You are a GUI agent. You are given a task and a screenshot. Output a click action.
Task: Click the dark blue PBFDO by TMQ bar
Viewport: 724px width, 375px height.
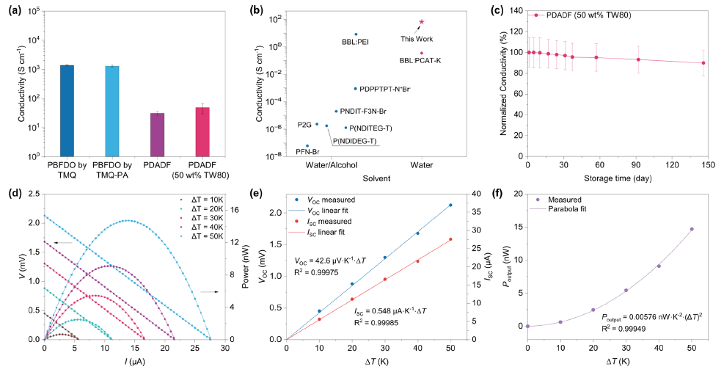click(x=67, y=110)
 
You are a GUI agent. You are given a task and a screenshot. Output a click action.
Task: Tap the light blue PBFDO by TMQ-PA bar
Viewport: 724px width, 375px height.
click(x=112, y=111)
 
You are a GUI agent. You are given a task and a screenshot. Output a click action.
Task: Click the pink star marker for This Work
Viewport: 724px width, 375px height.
click(x=422, y=22)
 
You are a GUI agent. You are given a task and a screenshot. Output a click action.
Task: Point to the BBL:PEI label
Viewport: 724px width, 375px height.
click(x=356, y=41)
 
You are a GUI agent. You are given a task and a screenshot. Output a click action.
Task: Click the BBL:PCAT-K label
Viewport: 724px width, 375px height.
click(x=420, y=60)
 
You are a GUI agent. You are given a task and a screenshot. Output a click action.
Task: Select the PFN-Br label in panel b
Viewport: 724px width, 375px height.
click(x=307, y=152)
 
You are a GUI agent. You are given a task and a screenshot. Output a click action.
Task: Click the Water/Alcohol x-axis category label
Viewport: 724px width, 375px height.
click(x=332, y=166)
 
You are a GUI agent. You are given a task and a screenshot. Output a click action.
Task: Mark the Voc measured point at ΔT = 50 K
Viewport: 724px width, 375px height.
click(x=450, y=205)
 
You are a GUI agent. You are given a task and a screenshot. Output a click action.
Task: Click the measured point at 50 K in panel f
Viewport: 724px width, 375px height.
click(x=691, y=229)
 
